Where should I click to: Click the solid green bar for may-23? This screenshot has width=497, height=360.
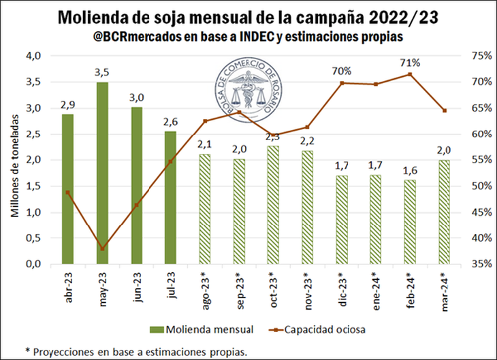click(x=102, y=174)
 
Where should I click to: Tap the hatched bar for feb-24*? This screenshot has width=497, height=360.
click(x=409, y=222)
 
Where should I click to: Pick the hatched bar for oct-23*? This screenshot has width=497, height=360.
click(x=272, y=204)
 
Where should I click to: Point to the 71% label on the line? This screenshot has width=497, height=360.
click(x=410, y=63)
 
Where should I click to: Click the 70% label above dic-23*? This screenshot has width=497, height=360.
click(x=342, y=71)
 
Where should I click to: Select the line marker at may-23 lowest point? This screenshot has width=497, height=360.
click(x=102, y=248)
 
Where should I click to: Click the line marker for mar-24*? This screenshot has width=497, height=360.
click(x=444, y=110)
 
